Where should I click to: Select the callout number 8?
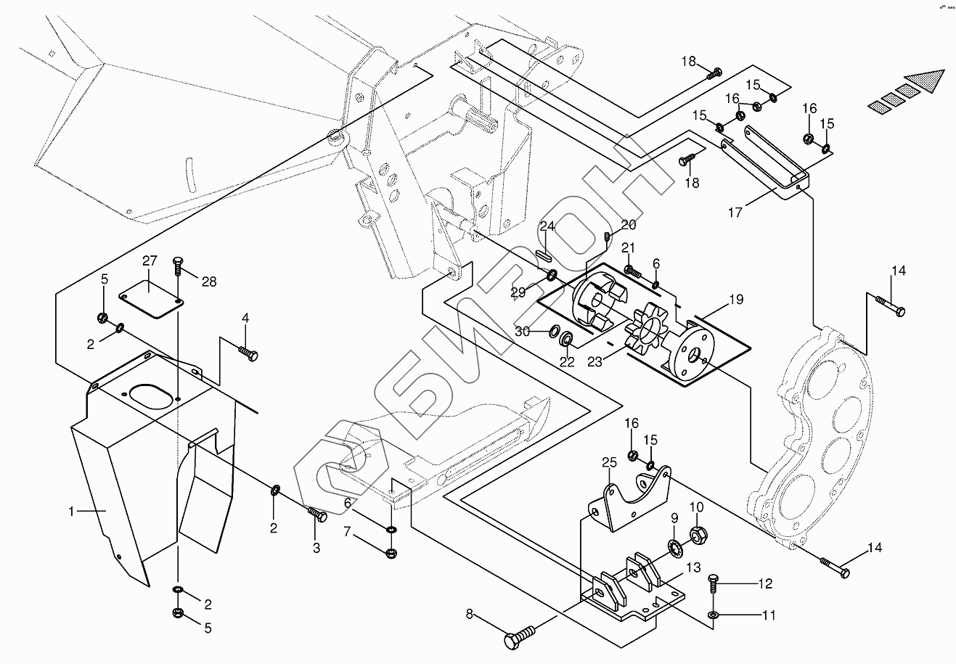[470, 615]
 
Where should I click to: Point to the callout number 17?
[736, 213]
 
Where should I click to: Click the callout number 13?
[694, 567]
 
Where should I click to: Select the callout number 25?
[608, 462]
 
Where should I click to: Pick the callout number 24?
[547, 226]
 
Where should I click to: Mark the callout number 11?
[769, 615]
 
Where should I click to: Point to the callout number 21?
[628, 248]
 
